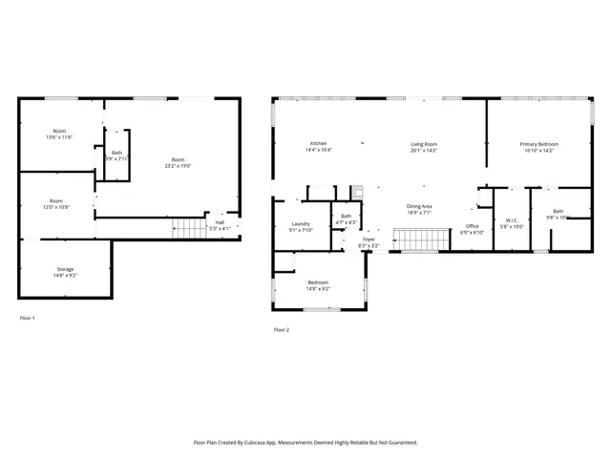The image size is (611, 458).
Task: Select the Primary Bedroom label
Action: pyautogui.click(x=538, y=144)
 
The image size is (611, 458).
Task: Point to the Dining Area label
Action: pyautogui.click(x=419, y=206)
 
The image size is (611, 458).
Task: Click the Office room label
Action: pyautogui.click(x=472, y=225)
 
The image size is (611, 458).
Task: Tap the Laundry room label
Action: pyautogui.click(x=300, y=223)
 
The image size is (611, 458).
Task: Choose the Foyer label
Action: pyautogui.click(x=369, y=239)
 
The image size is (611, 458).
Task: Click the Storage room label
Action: pyautogui.click(x=65, y=269)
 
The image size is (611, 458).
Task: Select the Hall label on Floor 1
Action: pyautogui.click(x=220, y=222)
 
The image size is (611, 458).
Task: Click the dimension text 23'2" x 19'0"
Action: pyautogui.click(x=179, y=166)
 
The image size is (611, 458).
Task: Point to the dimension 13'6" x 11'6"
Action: pyautogui.click(x=59, y=137)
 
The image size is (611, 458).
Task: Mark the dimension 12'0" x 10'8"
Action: pyautogui.click(x=57, y=207)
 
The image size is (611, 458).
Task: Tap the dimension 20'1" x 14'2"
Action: pyautogui.click(x=423, y=151)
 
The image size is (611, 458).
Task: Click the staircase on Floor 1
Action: pyautogui.click(x=189, y=227)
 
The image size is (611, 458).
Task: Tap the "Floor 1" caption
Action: pyautogui.click(x=27, y=317)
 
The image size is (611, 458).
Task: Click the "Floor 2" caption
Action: pyautogui.click(x=281, y=329)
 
